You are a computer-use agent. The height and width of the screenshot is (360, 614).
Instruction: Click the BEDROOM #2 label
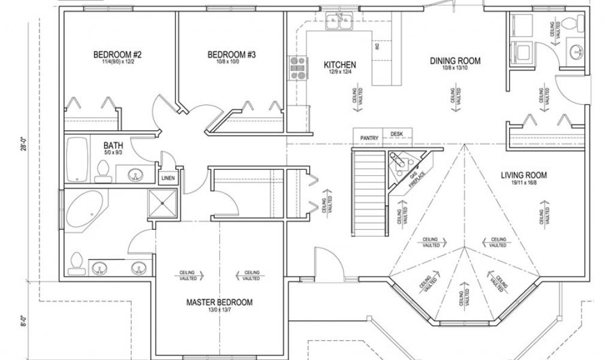(x=117, y=55)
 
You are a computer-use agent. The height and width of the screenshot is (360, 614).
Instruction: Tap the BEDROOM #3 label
(x=232, y=55)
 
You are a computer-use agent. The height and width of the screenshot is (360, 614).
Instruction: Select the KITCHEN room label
(x=341, y=65)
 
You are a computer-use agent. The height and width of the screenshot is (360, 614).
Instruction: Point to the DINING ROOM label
(x=456, y=61)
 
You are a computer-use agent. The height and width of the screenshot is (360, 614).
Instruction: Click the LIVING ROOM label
(x=524, y=175)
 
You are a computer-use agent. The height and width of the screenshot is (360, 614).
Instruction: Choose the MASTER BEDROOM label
(x=219, y=302)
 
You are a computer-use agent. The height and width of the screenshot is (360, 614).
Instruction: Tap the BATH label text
(x=113, y=145)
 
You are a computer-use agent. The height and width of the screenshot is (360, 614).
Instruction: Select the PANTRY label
(x=368, y=137)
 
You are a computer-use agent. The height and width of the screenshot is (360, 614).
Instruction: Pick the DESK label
(x=396, y=134)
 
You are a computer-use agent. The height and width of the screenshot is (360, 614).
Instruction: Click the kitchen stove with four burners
(x=296, y=68)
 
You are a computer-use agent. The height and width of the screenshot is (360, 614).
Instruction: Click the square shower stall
(x=164, y=204)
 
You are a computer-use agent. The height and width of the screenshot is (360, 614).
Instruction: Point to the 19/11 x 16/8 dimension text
(x=524, y=183)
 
